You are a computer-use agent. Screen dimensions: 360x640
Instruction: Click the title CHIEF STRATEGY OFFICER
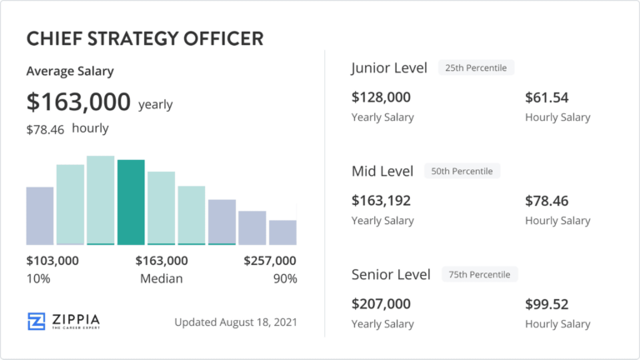pyautogui.click(x=145, y=38)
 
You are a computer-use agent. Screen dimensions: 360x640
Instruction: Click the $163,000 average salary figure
pyautogui.click(x=79, y=102)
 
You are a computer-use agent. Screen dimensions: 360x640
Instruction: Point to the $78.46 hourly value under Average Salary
pyautogui.click(x=47, y=129)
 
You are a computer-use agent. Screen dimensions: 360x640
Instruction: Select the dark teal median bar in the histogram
pyautogui.click(x=131, y=202)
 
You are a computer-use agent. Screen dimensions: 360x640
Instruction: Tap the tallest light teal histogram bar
pyautogui.click(x=100, y=200)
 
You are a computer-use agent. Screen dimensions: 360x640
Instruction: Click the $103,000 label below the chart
pyautogui.click(x=52, y=261)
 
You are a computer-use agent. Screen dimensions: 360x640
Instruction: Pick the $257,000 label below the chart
pyautogui.click(x=270, y=261)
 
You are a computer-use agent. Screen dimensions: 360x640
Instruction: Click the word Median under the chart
pyautogui.click(x=161, y=278)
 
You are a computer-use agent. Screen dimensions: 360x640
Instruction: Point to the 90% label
pyautogui.click(x=285, y=278)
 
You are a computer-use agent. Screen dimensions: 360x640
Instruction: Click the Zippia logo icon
pyautogui.click(x=36, y=322)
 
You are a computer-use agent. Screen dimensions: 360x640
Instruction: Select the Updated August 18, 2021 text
pyautogui.click(x=237, y=322)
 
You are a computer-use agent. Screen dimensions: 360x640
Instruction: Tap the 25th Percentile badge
pyautogui.click(x=477, y=67)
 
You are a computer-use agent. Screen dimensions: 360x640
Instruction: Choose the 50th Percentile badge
pyautogui.click(x=462, y=171)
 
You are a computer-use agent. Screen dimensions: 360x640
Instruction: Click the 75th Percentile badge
pyautogui.click(x=480, y=274)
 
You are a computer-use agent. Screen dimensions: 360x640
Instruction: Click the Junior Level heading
pyautogui.click(x=389, y=67)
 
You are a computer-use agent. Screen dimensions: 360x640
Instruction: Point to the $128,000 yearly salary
pyautogui.click(x=382, y=97)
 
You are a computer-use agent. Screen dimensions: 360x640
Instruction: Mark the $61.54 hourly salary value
pyautogui.click(x=547, y=97)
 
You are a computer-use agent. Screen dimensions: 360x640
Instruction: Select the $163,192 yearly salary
pyautogui.click(x=382, y=201)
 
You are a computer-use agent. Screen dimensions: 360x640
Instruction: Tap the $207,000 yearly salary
pyautogui.click(x=382, y=304)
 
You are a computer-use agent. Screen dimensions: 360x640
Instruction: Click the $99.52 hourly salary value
pyautogui.click(x=547, y=304)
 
